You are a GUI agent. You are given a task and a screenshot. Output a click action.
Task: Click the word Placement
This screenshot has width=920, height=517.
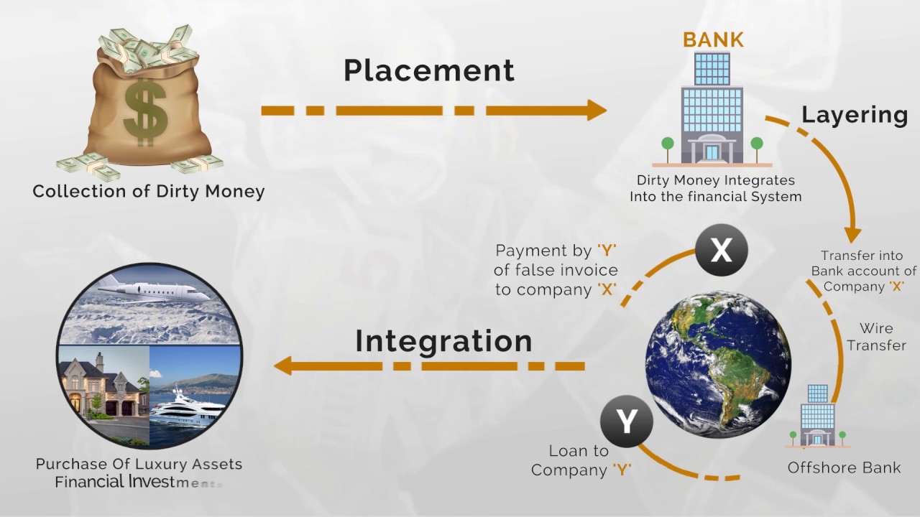point(428,70)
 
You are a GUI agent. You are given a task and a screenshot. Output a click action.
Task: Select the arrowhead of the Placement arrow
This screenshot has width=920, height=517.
point(596,110)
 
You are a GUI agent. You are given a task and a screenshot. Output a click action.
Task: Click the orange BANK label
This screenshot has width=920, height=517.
point(713,39)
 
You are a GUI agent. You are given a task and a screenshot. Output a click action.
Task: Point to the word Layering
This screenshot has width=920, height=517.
point(854,114)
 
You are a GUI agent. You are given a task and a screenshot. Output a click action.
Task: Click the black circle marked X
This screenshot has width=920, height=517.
point(721,251)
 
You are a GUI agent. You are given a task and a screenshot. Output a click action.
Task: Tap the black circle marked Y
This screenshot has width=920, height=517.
point(627,421)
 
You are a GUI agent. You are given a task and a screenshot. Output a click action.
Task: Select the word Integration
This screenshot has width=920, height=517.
point(443,341)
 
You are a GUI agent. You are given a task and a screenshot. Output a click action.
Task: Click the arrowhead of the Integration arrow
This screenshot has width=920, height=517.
point(283,365)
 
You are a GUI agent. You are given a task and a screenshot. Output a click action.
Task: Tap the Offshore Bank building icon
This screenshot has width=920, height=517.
point(817,416)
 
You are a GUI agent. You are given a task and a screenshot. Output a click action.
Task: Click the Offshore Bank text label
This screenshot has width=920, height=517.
point(844,467)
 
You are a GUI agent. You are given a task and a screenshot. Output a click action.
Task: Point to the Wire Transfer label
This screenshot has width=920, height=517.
point(876,337)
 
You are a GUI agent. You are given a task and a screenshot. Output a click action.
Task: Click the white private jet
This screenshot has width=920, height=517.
point(155,289)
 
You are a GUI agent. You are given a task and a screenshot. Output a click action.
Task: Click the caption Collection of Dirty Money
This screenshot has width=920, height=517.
point(149,192)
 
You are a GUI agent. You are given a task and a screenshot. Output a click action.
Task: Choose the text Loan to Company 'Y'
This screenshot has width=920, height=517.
point(580,460)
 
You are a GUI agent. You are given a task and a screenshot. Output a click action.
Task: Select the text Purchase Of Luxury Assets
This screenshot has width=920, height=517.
point(139,464)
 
